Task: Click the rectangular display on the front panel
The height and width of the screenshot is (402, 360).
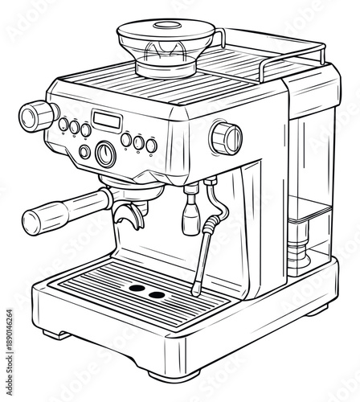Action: (x=107, y=121)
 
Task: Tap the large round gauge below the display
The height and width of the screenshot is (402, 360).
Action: (x=105, y=153)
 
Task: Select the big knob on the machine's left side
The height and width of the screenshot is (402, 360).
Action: (x=37, y=116)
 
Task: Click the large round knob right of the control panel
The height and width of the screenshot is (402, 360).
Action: (x=227, y=137)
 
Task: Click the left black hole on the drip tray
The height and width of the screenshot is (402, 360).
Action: (x=137, y=287)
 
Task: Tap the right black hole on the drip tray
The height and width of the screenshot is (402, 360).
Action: (x=155, y=294)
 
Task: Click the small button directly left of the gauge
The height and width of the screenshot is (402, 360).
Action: (x=85, y=151)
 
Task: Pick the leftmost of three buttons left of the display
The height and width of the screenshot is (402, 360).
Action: (x=63, y=124)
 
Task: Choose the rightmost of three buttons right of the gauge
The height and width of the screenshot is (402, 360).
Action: (x=151, y=146)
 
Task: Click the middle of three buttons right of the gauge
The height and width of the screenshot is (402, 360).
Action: (x=139, y=142)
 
